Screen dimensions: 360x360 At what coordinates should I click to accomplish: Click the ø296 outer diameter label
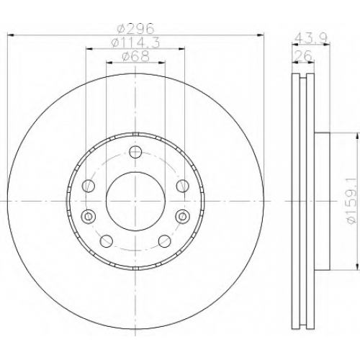point(135,29)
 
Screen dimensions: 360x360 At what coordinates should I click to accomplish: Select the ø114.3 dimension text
point(135,43)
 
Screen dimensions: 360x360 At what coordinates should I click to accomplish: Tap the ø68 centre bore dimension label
point(136,57)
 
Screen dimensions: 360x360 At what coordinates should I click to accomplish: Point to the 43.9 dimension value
point(310,37)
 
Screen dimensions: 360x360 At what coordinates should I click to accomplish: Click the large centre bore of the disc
point(135,202)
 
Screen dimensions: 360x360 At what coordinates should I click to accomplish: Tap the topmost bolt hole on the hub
point(135,151)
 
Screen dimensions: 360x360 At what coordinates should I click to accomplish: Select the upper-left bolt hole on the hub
point(89,186)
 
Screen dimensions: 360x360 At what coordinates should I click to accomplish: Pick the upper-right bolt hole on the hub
point(183,186)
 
